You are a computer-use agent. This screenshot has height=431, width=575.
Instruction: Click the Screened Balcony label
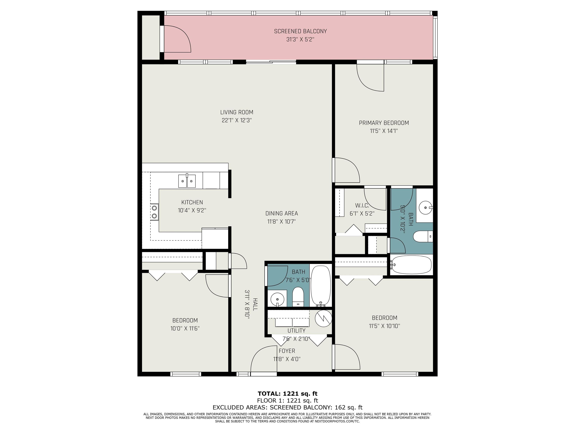click(x=300, y=31)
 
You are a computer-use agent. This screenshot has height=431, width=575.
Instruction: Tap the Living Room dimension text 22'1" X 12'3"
click(x=237, y=120)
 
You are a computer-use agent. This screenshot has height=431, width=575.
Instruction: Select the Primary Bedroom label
click(x=384, y=123)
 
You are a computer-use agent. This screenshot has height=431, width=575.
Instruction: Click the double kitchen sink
click(x=187, y=181)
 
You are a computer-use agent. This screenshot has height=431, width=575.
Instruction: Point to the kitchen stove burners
click(x=154, y=212)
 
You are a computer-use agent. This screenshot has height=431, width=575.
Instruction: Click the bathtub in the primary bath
click(x=411, y=265)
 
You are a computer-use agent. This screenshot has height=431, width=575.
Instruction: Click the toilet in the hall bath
click(x=298, y=297)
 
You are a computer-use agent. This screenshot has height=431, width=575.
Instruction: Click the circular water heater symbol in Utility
click(x=324, y=318)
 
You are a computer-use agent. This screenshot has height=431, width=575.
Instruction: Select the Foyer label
click(x=287, y=351)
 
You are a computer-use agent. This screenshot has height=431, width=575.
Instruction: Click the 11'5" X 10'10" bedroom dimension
click(x=384, y=326)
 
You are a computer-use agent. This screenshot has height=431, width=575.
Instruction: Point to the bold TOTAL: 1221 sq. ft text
click(x=287, y=394)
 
